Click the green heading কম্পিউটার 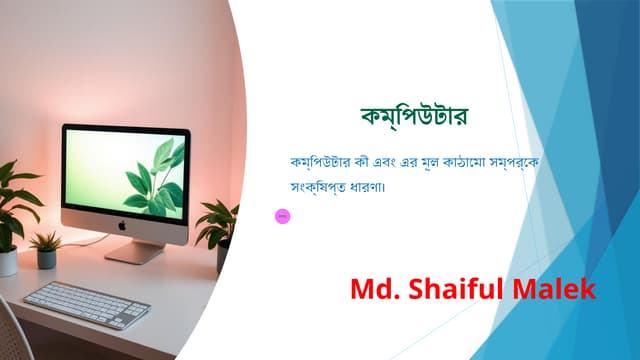click(x=414, y=116)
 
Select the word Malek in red click(x=555, y=290)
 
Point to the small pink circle click(x=282, y=215)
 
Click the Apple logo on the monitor click(x=121, y=226)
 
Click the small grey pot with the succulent click(x=47, y=258)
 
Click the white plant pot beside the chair click(x=8, y=262)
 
